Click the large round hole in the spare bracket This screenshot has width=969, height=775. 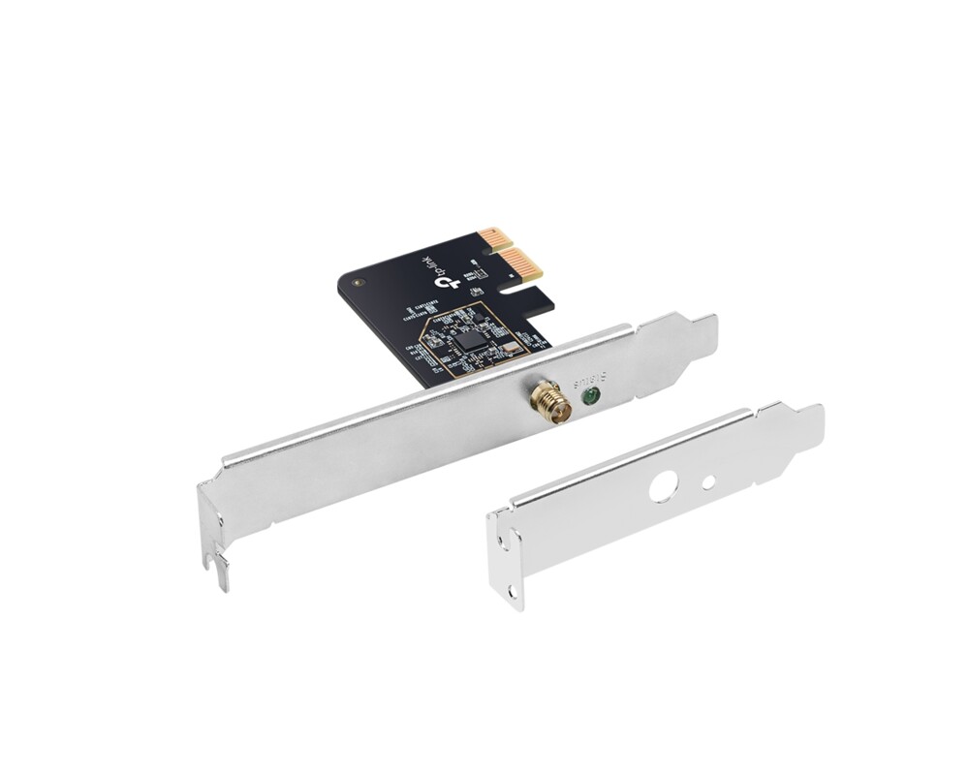click(x=663, y=484)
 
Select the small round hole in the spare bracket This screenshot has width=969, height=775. click(x=709, y=481)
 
